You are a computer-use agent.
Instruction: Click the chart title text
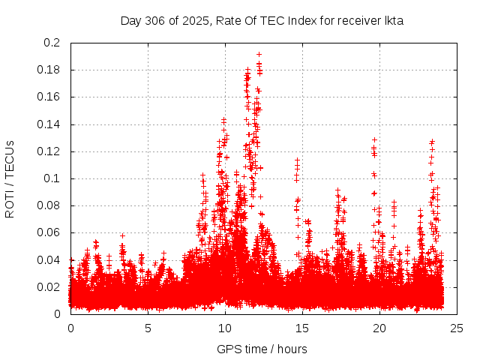[x=262, y=21]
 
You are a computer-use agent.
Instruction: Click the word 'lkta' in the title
[x=393, y=21]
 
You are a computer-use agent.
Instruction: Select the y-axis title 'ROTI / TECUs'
[x=10, y=178]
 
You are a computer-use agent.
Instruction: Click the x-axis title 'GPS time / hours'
[x=262, y=349]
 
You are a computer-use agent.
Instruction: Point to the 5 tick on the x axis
[x=148, y=328]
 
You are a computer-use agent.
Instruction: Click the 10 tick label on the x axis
[x=225, y=328]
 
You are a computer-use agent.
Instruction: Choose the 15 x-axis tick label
[x=302, y=328]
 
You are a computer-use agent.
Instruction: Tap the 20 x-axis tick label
[x=379, y=328]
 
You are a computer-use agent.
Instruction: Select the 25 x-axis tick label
[x=457, y=328]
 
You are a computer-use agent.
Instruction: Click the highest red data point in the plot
[x=259, y=54]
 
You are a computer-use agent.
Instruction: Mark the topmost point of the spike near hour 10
[x=223, y=119]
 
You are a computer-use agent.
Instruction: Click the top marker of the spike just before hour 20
[x=374, y=139]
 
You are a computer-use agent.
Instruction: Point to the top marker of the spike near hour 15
[x=298, y=160]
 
